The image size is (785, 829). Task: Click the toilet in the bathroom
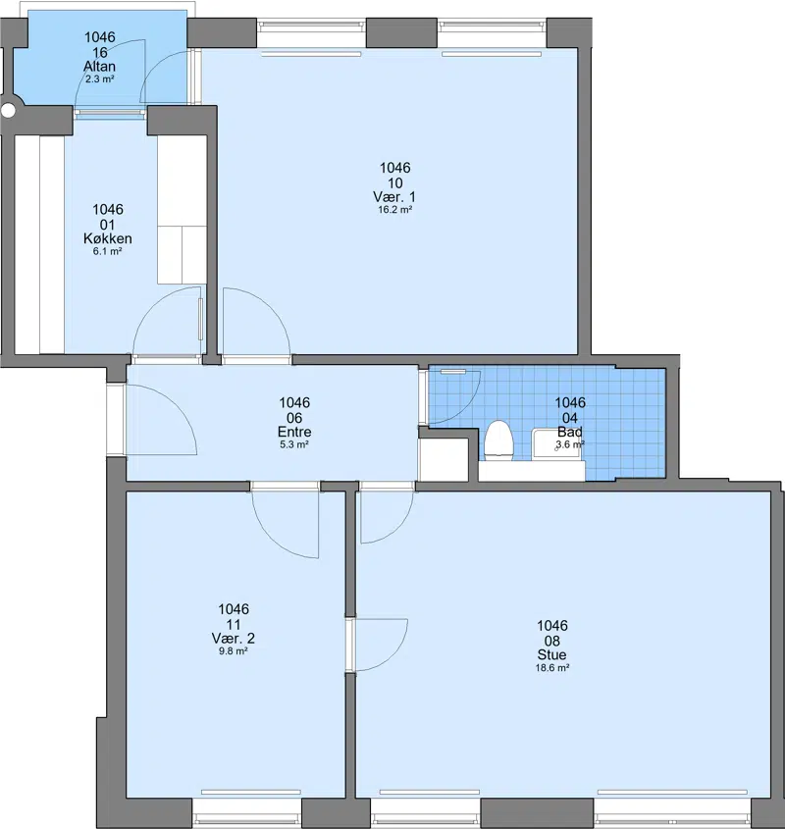[498, 440]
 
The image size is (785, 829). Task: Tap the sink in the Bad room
[556, 443]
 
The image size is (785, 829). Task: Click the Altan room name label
[99, 66]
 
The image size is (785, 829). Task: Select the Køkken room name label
[108, 238]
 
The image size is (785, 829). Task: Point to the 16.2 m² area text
[395, 209]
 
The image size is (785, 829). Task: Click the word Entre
[294, 432]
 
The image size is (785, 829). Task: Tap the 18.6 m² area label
[552, 668]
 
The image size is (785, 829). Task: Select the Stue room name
[552, 654]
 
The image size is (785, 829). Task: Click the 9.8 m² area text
[234, 651]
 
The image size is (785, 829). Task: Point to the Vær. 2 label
[234, 638]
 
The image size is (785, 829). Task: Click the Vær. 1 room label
[394, 196]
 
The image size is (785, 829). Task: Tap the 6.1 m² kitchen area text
[108, 252]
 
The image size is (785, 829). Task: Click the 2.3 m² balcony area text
[100, 79]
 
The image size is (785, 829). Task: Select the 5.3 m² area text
[294, 444]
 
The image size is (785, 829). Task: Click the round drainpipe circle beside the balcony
[9, 111]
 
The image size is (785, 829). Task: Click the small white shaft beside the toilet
[444, 459]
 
